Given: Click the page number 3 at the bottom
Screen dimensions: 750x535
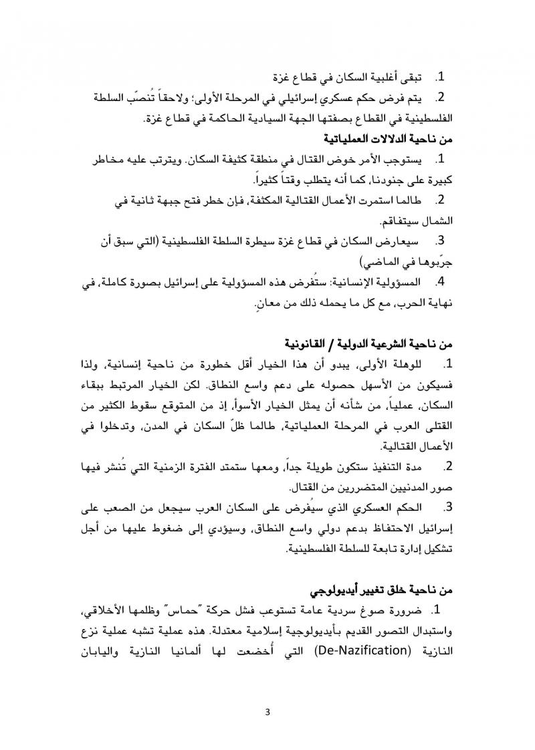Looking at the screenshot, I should pos(267,710).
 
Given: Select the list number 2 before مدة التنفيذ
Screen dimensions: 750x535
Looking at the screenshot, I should pos(448,466).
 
